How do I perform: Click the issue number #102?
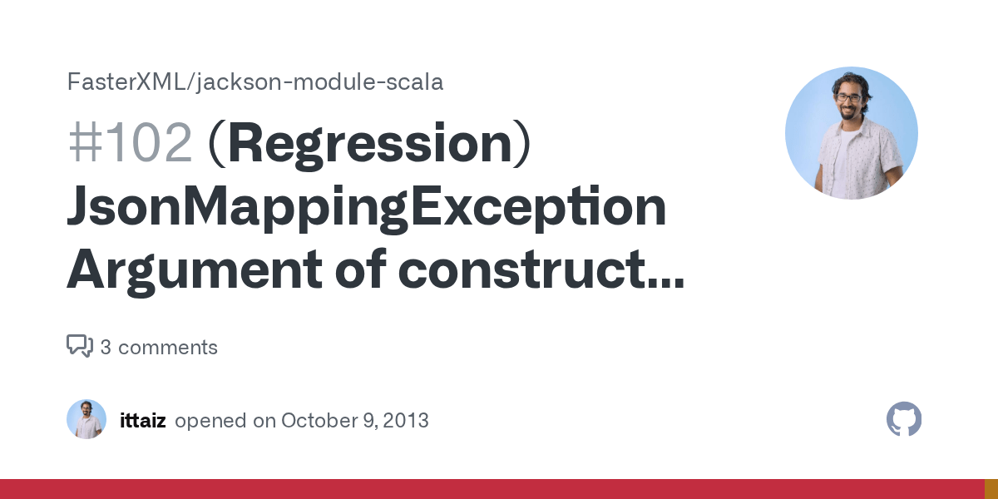click(x=130, y=144)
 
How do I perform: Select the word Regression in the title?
click(x=369, y=144)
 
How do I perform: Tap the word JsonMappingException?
click(x=366, y=208)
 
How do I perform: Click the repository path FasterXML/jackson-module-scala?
click(x=254, y=82)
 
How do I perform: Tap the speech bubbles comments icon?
click(x=80, y=346)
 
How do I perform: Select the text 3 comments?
click(x=159, y=348)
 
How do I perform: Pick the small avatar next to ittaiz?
click(x=86, y=419)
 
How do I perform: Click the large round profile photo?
click(x=851, y=133)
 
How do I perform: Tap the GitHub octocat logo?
click(x=904, y=419)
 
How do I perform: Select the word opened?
click(x=211, y=421)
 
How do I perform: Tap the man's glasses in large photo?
click(x=847, y=97)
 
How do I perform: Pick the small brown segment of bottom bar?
click(x=991, y=489)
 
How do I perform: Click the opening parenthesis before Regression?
click(x=215, y=144)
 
